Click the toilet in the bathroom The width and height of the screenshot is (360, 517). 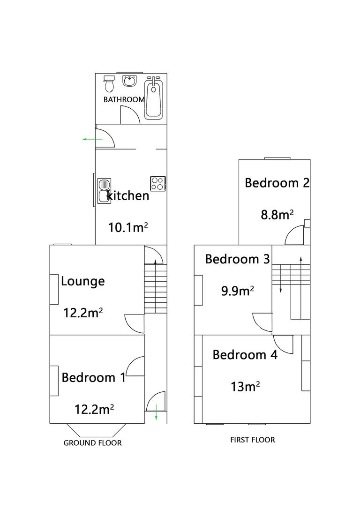[x=109, y=83]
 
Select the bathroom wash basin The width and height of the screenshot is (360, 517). [x=129, y=81]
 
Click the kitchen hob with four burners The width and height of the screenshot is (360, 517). [x=158, y=183]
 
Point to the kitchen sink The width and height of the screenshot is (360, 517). [x=104, y=191]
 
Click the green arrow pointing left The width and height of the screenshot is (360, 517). [x=92, y=139]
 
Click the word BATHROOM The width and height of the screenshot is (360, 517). [x=124, y=99]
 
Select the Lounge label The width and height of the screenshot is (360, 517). [x=83, y=281]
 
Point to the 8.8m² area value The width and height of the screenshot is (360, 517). [x=277, y=215]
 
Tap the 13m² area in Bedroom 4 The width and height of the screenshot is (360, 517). [x=245, y=387]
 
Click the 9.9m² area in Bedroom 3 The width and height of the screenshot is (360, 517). [x=238, y=291]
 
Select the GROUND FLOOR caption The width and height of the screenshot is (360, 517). [x=92, y=443]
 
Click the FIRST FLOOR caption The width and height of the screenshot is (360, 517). [x=252, y=440]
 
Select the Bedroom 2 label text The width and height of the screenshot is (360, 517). [x=277, y=183]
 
